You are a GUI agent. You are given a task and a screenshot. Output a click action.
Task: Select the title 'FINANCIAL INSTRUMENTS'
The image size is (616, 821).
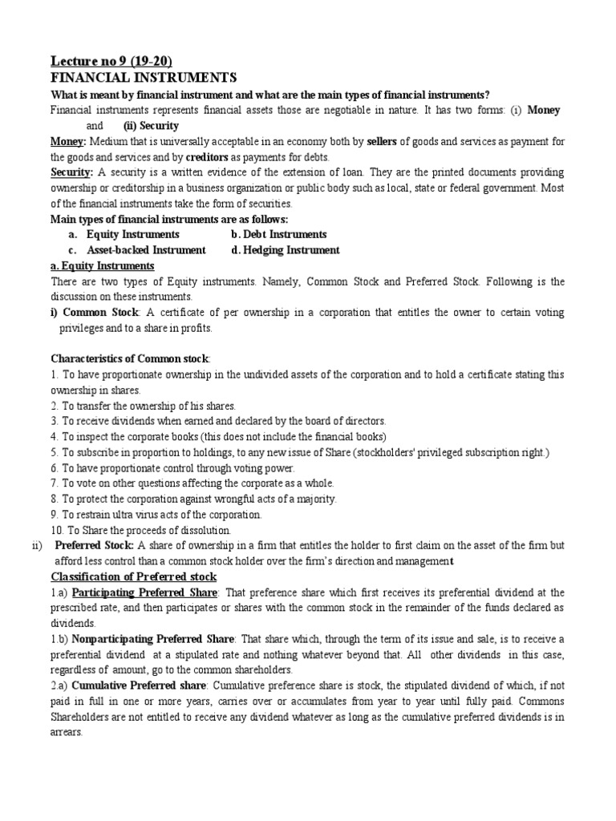(x=144, y=78)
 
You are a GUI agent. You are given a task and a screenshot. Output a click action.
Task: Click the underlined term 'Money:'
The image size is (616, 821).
(x=68, y=142)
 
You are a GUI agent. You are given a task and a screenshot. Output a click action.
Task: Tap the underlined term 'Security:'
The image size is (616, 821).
(x=72, y=173)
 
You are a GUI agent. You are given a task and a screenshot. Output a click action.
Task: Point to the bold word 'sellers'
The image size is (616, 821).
(x=381, y=142)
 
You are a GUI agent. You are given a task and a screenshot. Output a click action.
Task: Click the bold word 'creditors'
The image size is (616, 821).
(x=207, y=157)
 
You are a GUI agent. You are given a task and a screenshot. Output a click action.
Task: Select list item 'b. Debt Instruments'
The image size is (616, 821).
(x=278, y=234)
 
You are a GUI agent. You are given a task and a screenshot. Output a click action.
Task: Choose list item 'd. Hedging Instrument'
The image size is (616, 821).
(x=285, y=250)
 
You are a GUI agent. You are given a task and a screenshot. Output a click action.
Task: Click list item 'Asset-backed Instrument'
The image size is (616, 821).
(x=146, y=250)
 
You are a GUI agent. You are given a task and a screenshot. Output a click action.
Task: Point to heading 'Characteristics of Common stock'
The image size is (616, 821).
(x=130, y=358)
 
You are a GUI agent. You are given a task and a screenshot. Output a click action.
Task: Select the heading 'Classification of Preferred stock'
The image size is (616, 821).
(x=134, y=576)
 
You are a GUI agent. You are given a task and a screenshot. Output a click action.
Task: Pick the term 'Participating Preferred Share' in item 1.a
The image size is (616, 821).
(x=144, y=592)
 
